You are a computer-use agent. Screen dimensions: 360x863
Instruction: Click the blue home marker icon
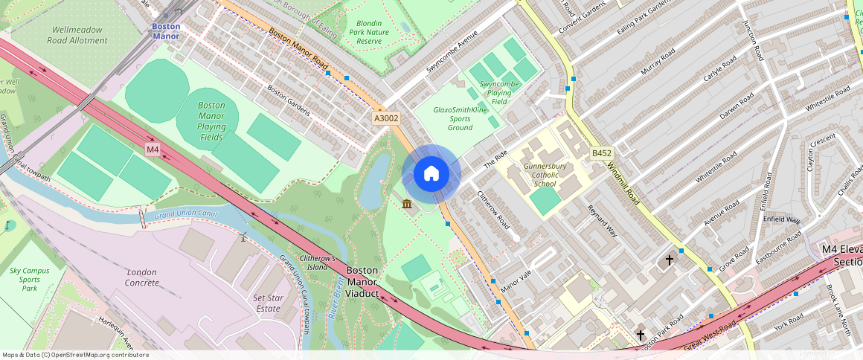pos(431,173)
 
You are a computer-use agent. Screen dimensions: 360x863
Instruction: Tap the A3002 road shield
pos(386,118)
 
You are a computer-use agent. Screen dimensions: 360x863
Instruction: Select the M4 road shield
pos(153,150)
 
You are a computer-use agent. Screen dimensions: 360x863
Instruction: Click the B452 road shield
pos(601,153)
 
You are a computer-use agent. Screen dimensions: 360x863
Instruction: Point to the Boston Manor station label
pos(166,30)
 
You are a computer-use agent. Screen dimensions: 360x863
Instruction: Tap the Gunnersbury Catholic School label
pos(550,175)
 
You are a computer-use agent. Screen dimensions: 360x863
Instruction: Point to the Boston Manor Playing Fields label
pos(211,121)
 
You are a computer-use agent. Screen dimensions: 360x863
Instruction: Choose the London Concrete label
pos(142,277)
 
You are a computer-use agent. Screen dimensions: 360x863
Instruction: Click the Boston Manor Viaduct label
pos(363,282)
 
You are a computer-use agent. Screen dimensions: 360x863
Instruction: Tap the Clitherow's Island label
pos(318,262)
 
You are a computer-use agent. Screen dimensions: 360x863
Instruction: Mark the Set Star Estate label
pos(268,303)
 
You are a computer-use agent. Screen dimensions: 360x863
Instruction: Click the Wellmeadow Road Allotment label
pos(78,35)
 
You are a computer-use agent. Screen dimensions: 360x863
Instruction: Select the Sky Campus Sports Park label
pos(30,279)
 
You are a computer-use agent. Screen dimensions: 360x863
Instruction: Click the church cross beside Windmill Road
pos(669,260)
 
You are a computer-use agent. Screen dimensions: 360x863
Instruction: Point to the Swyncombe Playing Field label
pos(499,93)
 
